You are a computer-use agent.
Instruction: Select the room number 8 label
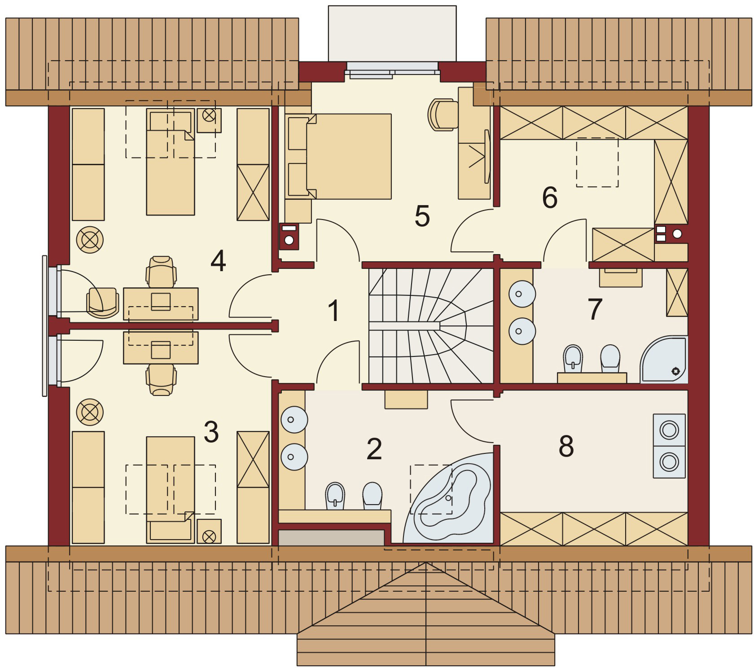pos(566,446)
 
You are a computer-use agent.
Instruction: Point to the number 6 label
pos(550,198)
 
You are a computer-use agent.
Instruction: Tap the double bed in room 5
pos(348,156)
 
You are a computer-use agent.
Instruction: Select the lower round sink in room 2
pos(294,457)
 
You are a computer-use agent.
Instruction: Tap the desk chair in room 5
pos(443,114)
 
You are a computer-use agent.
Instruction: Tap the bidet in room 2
pos(335,496)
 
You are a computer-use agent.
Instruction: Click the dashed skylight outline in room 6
pos(597,162)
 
